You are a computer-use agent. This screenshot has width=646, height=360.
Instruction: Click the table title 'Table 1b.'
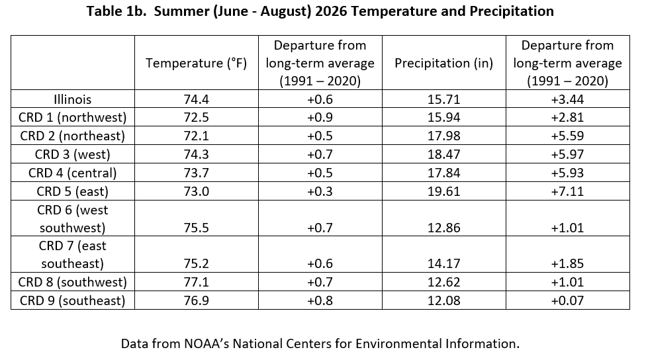pos(116,11)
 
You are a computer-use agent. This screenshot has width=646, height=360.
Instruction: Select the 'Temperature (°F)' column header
pos(196,63)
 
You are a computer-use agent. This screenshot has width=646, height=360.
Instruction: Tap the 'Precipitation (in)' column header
pos(443,63)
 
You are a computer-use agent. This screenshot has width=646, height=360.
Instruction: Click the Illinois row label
pos(73,99)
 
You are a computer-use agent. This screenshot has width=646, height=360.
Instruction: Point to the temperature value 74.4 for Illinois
pos(196,99)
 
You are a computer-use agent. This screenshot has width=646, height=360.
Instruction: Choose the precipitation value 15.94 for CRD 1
pos(443,117)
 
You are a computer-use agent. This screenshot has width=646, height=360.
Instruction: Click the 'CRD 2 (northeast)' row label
pos(73,136)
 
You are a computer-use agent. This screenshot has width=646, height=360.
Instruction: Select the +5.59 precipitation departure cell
pos(567,136)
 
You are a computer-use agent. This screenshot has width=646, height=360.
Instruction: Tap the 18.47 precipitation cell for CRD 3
pos(443,154)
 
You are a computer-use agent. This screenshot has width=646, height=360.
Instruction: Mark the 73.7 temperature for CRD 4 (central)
pos(196,173)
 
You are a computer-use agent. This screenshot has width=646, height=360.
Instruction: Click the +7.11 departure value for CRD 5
pos(567,191)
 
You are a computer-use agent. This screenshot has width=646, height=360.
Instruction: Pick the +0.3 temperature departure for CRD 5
pos(320,191)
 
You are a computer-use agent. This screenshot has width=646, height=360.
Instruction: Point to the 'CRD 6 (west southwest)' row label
pos(73,219)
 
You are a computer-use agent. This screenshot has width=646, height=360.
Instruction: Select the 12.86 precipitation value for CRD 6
pos(443,228)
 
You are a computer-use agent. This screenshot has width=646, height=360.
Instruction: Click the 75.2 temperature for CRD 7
pos(196,263)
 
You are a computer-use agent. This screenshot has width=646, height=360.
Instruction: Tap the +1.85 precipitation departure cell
pos(567,263)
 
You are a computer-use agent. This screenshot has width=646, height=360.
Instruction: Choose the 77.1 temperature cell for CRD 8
pos(196,282)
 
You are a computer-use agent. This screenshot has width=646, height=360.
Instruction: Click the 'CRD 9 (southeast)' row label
pos(73,300)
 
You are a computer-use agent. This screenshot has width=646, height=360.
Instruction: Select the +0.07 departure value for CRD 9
pos(567,300)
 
